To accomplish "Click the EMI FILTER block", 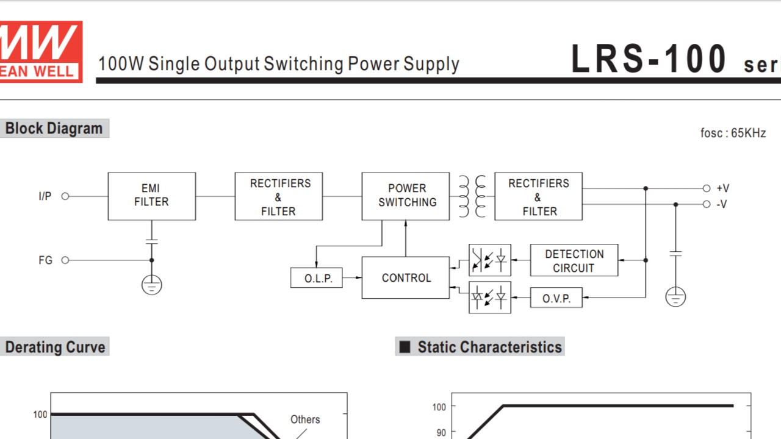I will (x=151, y=196).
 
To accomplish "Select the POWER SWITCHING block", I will (x=406, y=196).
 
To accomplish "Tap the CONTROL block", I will (x=406, y=278).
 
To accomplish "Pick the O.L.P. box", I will (x=316, y=278).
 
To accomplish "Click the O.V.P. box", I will (x=556, y=298).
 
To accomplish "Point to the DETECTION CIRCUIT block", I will (x=574, y=260).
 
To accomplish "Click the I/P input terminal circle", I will (x=65, y=196).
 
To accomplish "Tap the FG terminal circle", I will (x=65, y=260).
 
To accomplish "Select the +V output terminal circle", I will (x=707, y=189).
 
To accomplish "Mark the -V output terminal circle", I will (x=707, y=204).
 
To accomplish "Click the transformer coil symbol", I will (x=472, y=196).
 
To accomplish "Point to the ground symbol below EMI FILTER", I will (x=151, y=285).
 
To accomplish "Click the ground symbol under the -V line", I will (x=675, y=297).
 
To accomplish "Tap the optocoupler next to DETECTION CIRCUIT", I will (x=489, y=260).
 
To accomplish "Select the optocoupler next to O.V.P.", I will (x=489, y=298).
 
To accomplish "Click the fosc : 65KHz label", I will (x=733, y=133).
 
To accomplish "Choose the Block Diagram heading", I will (x=54, y=129).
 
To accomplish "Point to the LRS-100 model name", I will (x=649, y=59).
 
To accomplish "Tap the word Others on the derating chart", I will (x=305, y=419).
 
